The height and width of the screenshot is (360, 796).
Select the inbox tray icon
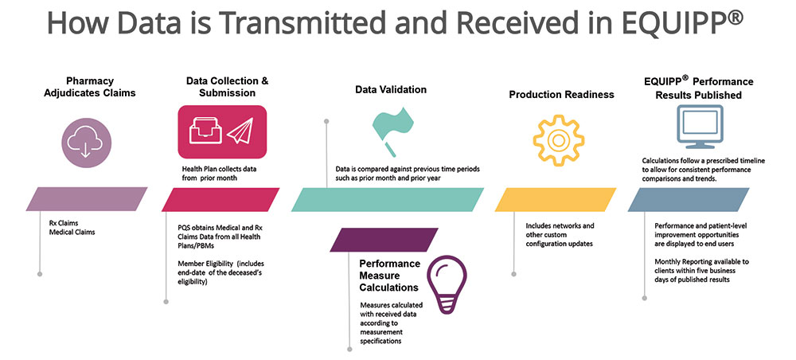tap(205, 133)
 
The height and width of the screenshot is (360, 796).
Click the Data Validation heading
tap(391, 90)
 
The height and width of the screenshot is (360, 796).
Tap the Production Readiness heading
tap(561, 94)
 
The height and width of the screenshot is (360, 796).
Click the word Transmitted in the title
tap(287, 23)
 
